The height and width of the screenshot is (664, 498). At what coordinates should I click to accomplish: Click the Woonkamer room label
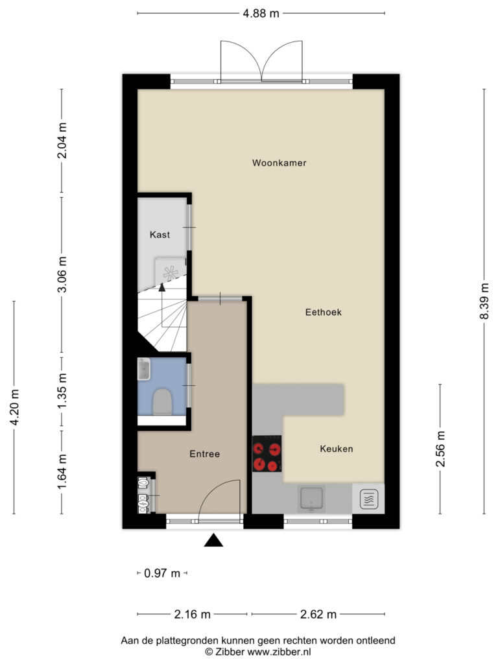click(279, 163)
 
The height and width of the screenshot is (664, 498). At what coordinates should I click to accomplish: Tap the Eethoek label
click(324, 312)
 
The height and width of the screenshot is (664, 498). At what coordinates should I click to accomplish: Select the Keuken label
click(337, 449)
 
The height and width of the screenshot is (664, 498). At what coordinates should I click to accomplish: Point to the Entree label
click(204, 454)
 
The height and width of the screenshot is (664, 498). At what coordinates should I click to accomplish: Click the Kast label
click(160, 235)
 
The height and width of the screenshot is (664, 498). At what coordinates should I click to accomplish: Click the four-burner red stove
click(267, 454)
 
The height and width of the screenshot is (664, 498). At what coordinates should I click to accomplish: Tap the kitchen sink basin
click(311, 499)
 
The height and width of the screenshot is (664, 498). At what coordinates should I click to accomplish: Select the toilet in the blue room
click(161, 402)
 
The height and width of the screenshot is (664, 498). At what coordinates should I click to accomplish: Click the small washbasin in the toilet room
click(144, 369)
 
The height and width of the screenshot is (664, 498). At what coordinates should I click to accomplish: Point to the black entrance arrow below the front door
click(213, 540)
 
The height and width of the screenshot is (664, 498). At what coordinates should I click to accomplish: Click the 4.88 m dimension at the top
click(261, 14)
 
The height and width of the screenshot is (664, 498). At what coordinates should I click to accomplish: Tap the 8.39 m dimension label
click(484, 302)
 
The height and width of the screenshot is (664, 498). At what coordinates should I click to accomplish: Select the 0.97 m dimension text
click(162, 573)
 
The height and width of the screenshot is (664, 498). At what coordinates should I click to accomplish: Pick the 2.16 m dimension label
click(192, 614)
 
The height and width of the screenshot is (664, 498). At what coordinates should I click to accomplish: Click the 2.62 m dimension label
click(318, 614)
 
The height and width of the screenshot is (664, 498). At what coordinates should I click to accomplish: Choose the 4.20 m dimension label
click(14, 407)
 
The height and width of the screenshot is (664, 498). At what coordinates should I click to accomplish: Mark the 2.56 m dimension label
click(440, 449)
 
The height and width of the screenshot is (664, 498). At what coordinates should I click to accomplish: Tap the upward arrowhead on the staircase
click(161, 287)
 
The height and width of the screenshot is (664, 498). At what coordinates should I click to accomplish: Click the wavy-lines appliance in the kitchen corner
click(368, 499)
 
